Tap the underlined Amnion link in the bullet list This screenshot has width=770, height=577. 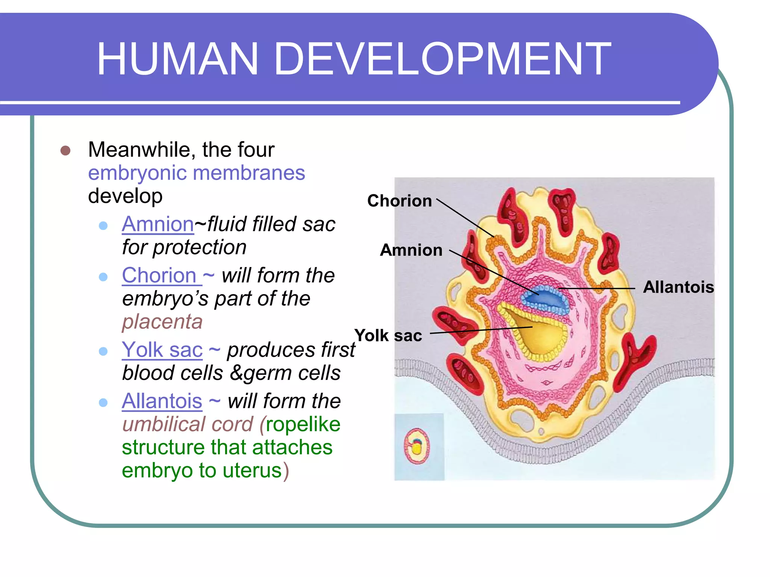click(158, 224)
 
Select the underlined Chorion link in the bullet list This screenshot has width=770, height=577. click(159, 275)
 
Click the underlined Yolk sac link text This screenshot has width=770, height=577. click(162, 350)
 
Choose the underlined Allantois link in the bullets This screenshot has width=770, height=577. click(162, 401)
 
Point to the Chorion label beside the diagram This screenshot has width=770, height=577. click(399, 201)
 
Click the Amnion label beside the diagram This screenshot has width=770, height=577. click(411, 250)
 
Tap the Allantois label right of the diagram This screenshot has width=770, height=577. click(678, 287)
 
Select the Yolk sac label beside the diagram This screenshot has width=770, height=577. click(388, 335)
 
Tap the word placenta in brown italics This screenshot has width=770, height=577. click(162, 322)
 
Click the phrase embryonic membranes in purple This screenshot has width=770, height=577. click(196, 173)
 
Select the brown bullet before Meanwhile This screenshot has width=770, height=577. click(65, 151)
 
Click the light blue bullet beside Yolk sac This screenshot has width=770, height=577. click(103, 351)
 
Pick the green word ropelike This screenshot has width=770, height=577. click(303, 424)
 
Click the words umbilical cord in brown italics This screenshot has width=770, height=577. click(188, 424)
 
